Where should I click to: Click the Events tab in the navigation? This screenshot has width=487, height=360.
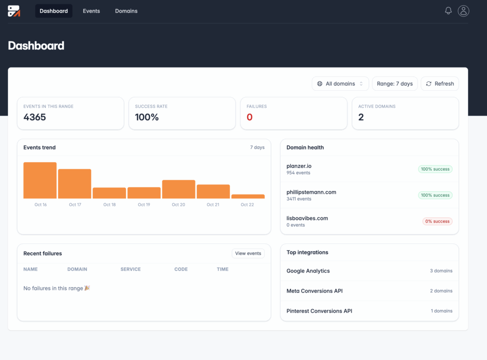tap(91, 11)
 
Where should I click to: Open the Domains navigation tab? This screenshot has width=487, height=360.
tap(126, 11)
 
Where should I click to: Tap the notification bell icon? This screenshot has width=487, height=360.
tap(448, 10)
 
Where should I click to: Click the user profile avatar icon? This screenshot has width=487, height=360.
tap(463, 11)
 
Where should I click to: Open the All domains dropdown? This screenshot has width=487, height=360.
tap(340, 84)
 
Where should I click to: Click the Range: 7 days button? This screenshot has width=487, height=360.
tap(395, 84)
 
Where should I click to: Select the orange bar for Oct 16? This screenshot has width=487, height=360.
tap(40, 180)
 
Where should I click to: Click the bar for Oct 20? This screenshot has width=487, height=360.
tap(178, 189)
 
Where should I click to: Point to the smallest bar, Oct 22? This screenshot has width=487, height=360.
tap(248, 196)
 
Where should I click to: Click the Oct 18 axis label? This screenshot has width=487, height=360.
tap(109, 204)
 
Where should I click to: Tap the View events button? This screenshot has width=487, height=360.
tap(248, 253)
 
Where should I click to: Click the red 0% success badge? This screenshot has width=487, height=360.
tap(437, 221)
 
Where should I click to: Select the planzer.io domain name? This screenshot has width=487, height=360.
tap(299, 166)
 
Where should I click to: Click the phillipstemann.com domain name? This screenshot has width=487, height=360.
tap(311, 192)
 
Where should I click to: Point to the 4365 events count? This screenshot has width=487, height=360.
tap(35, 117)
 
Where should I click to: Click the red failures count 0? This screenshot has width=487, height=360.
tap(250, 117)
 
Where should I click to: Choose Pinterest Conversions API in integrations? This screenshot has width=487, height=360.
tap(319, 311)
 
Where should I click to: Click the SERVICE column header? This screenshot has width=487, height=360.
tap(130, 269)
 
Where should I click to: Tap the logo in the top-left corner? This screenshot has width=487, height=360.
tap(14, 11)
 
